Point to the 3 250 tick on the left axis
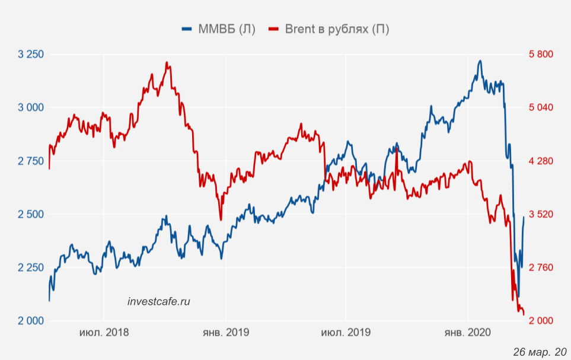[31, 55]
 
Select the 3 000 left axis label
[31, 107]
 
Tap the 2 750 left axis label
[31, 161]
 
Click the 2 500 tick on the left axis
[31, 214]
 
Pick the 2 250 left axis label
[31, 267]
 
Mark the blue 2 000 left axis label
[31, 321]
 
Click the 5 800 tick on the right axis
[540, 55]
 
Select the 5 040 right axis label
[540, 107]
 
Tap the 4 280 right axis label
[540, 161]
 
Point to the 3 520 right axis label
[540, 214]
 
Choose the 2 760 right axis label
[540, 267]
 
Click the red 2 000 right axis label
[540, 321]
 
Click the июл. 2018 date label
[104, 333]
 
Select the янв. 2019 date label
[225, 333]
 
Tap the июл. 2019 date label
[346, 333]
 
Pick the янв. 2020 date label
[468, 333]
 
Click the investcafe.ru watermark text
[159, 301]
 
